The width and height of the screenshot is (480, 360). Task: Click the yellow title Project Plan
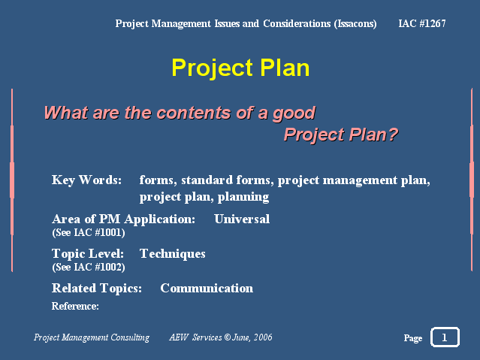pyautogui.click(x=240, y=68)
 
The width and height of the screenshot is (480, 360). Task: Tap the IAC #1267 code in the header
pyautogui.click(x=422, y=23)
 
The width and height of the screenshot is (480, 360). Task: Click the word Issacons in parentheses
pyautogui.click(x=355, y=24)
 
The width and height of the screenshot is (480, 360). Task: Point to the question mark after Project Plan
pyautogui.click(x=393, y=135)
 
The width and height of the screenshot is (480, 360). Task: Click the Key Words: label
pyautogui.click(x=86, y=180)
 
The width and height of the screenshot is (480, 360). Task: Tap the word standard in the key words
pyautogui.click(x=207, y=180)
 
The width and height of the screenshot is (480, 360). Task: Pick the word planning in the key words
pyautogui.click(x=243, y=197)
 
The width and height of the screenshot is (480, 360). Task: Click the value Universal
pyautogui.click(x=242, y=219)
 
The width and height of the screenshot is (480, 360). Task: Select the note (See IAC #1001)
pyautogui.click(x=89, y=232)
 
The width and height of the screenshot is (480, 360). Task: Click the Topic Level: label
pyautogui.click(x=88, y=254)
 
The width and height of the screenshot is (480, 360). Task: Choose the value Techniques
pyautogui.click(x=172, y=254)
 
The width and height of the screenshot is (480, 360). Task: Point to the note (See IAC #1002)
pyautogui.click(x=89, y=267)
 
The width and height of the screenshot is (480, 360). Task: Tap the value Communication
pyautogui.click(x=207, y=288)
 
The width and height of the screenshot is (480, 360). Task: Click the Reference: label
pyautogui.click(x=75, y=306)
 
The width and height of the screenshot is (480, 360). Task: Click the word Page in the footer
pyautogui.click(x=413, y=337)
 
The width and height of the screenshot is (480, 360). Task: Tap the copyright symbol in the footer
pyautogui.click(x=228, y=337)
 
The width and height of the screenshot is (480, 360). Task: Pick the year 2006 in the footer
pyautogui.click(x=263, y=337)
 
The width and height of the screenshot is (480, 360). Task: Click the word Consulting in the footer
pyautogui.click(x=130, y=337)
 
